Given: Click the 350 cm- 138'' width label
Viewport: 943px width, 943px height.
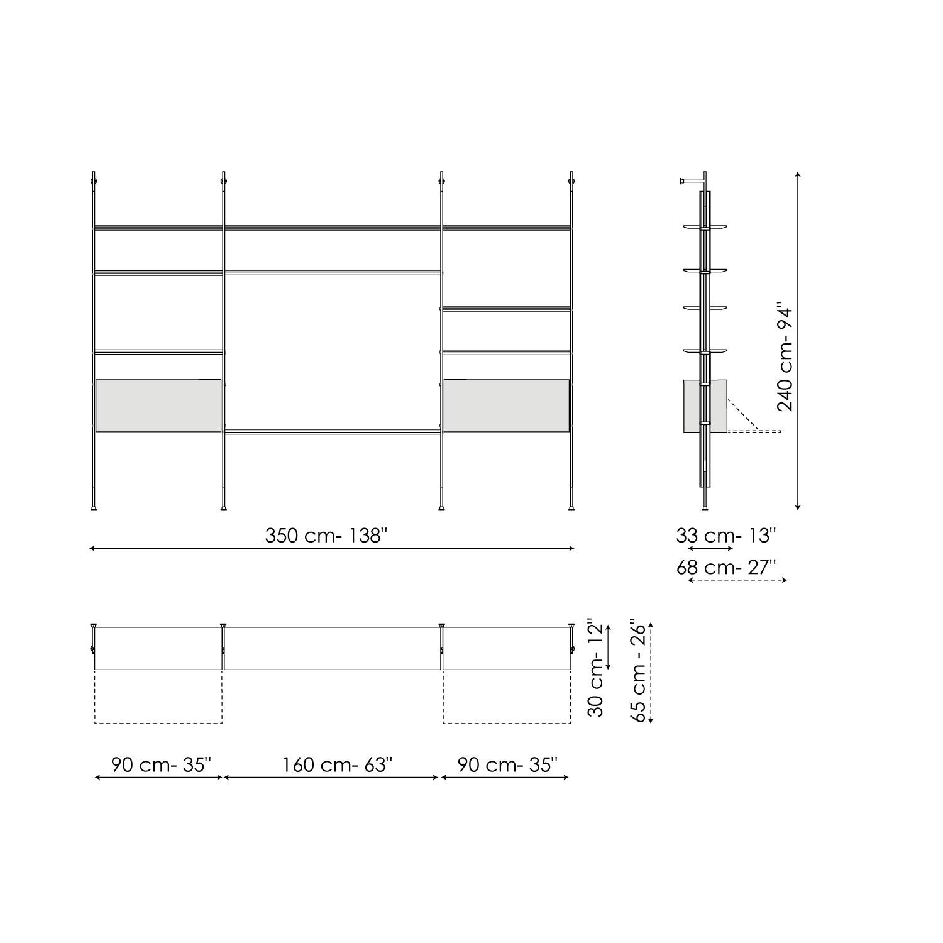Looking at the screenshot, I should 326,536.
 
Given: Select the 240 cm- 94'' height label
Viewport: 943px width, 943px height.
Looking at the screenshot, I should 785,358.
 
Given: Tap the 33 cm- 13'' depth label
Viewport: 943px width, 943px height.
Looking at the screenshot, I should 726,536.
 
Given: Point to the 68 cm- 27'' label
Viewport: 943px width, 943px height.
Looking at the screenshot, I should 726,567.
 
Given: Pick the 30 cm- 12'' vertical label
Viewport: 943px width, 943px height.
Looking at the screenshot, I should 595,669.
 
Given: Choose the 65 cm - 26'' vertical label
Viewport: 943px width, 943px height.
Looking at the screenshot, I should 637,672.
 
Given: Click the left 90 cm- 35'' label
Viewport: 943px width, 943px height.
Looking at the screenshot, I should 162,765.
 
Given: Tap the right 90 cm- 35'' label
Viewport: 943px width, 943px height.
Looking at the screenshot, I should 507,765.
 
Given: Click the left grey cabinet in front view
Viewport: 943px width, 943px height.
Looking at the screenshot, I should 158,405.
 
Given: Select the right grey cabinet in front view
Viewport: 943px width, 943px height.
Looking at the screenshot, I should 507,405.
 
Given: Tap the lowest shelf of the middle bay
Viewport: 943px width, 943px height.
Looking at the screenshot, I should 333,431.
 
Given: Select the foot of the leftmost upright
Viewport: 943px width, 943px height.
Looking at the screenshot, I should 94,507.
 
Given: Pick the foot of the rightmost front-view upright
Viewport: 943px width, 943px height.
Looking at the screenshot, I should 571,507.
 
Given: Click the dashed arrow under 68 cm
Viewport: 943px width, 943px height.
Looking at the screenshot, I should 737,580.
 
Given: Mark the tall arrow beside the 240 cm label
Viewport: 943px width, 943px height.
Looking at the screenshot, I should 798,339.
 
